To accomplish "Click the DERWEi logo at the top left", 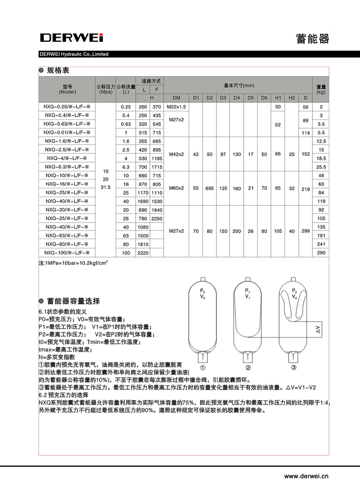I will tap(71, 37).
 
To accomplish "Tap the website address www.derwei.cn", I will tap(306, 476).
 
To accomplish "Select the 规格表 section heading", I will tap(58, 71).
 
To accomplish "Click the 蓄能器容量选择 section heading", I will tap(73, 301).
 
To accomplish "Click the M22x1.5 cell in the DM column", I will tap(176, 107).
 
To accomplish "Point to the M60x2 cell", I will tap(176, 188).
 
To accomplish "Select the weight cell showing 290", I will tap(321, 252).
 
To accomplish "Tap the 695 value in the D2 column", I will tap(209, 188).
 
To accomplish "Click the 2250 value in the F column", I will tap(156, 218).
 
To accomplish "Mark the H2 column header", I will tap(291, 98).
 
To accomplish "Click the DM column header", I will tap(176, 98).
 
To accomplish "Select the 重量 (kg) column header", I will tap(321, 89).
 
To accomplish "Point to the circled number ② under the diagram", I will tap(248, 368).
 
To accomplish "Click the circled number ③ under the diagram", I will tap(294, 368).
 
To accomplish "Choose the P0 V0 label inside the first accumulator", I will tap(203, 294).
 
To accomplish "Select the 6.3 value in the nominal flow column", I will tap(126, 167).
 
